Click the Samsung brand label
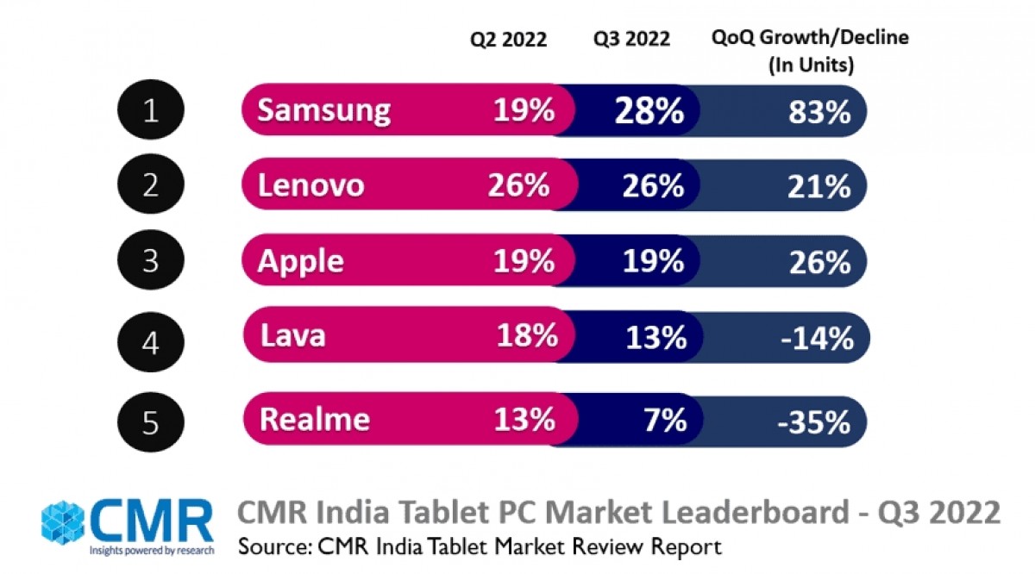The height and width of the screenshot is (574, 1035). pyautogui.click(x=324, y=110)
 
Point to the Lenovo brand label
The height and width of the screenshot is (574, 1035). pyautogui.click(x=312, y=185)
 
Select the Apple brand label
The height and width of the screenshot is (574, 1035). pyautogui.click(x=301, y=260)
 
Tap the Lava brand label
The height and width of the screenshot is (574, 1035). pyautogui.click(x=293, y=335)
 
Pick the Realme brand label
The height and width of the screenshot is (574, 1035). pyautogui.click(x=315, y=419)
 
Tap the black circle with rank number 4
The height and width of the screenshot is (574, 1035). pyautogui.click(x=152, y=343)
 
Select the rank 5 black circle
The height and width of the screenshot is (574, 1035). pyautogui.click(x=152, y=421)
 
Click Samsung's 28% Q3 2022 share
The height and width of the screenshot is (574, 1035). pyautogui.click(x=649, y=110)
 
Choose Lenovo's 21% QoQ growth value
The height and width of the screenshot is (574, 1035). pyautogui.click(x=819, y=186)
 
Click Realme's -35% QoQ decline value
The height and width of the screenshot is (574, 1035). pyautogui.click(x=813, y=421)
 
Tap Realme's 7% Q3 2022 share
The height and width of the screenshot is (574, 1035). pyautogui.click(x=664, y=420)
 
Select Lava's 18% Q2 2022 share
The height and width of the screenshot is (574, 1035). pyautogui.click(x=526, y=336)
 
